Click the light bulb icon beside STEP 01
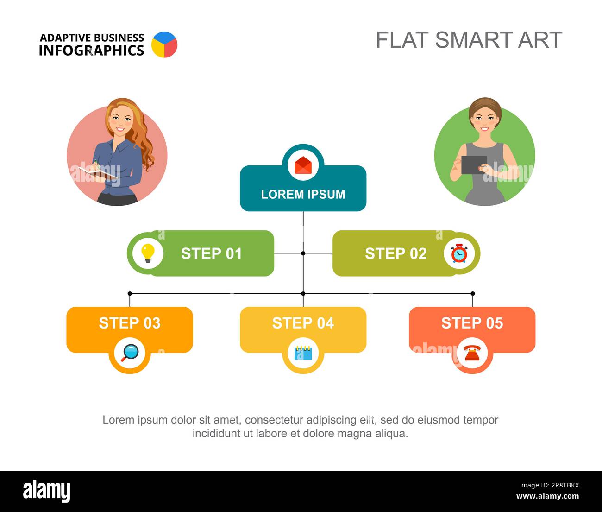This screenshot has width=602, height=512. click(x=148, y=253)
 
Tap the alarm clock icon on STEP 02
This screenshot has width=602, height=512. click(x=459, y=253)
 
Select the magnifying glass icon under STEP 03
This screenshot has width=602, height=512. click(x=130, y=353)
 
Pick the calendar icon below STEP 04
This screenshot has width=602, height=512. click(x=303, y=353)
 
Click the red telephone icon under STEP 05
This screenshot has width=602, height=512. click(x=472, y=353)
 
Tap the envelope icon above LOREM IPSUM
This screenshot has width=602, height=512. click(x=303, y=165)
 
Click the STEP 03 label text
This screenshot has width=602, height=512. click(x=130, y=323)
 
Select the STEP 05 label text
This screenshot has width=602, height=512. click(x=472, y=323)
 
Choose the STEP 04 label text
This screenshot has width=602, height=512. click(x=303, y=323)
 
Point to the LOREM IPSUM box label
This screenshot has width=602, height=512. click(x=303, y=194)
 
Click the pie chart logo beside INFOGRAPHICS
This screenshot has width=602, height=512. click(x=164, y=44)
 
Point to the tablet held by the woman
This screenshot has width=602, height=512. click(x=474, y=164)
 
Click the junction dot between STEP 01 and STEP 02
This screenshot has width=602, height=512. click(x=303, y=253)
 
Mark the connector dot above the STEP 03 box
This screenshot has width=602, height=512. click(x=130, y=293)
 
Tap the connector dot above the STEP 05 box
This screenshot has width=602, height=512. click(x=473, y=293)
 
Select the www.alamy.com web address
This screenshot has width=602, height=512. click(x=547, y=496)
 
